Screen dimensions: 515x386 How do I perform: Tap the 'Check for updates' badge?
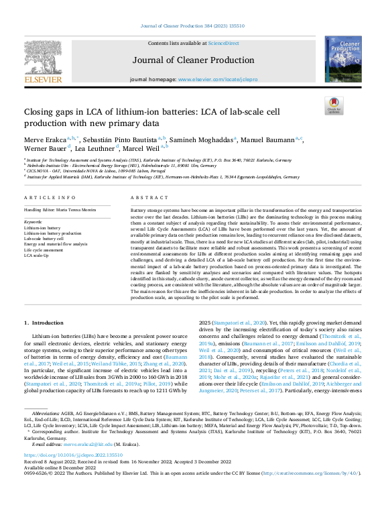332,105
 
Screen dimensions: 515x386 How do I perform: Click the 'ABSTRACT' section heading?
145,198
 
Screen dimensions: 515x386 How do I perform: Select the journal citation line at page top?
192,26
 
